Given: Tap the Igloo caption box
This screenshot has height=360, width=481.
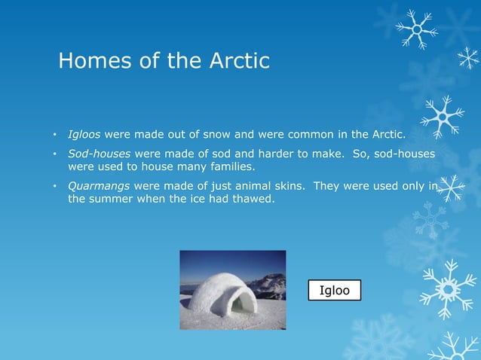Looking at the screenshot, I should (335, 290).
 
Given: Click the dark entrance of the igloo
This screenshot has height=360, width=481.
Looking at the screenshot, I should (242, 304).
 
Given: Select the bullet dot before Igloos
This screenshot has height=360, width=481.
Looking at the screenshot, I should (54, 136).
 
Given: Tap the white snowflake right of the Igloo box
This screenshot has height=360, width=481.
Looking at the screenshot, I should (448, 287).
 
